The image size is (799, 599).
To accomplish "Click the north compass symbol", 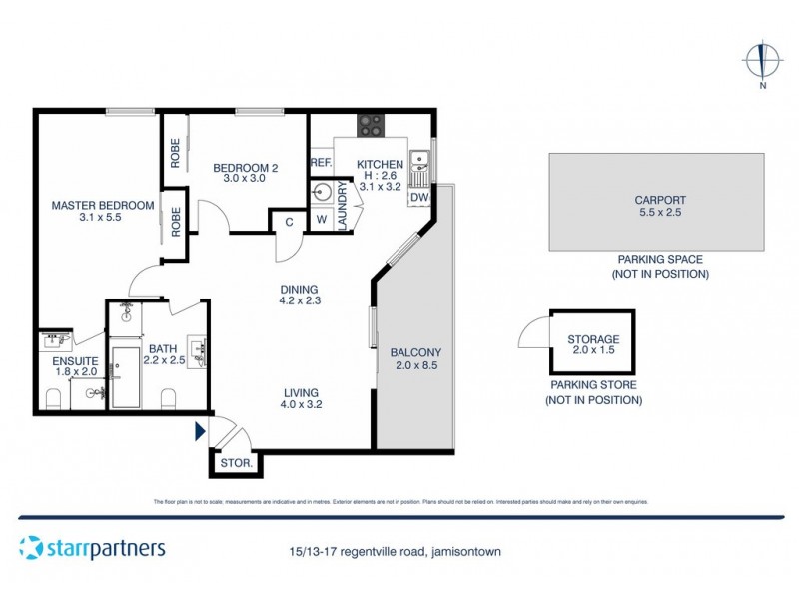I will click(762, 61).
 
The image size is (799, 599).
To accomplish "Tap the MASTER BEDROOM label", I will click(103, 206).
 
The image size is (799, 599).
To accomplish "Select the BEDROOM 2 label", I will click(243, 166).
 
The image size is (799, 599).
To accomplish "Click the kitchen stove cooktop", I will click(371, 125).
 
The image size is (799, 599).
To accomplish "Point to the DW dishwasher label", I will click(418, 198).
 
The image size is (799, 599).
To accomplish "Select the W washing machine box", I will click(322, 220).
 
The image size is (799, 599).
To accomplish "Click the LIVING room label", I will click(300, 393).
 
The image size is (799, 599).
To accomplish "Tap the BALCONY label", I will click(416, 352).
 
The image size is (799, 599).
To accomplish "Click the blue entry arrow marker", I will click(200, 431).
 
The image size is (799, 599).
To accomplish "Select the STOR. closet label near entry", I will click(236, 463).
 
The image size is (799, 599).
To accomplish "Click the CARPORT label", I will click(656, 200).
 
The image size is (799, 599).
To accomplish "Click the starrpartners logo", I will click(92, 547).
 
